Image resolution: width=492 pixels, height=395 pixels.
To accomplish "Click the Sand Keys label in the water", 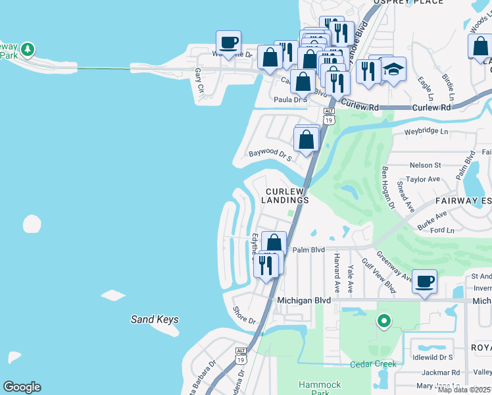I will pos(155,320).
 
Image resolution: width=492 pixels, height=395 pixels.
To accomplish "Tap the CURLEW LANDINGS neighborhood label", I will pos(287,196).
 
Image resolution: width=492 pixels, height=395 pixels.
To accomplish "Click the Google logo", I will pos(22,387).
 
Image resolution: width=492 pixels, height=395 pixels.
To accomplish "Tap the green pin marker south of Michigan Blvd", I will pos(383,321).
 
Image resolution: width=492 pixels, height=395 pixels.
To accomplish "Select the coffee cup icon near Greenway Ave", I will pos(424,282).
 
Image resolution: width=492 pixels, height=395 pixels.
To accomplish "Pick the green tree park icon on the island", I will pos(27,49).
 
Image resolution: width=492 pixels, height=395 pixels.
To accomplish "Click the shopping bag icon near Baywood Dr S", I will pos(306,140).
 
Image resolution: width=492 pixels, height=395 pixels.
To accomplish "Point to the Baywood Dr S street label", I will pos(270,155).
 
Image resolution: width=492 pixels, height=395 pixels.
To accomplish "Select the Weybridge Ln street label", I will pos(426,132).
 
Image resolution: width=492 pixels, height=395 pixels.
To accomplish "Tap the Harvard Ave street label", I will pos(336,273).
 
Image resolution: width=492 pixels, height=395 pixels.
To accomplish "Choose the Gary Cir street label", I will pos(200,80).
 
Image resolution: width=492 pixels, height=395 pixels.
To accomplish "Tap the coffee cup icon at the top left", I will pos(229,43).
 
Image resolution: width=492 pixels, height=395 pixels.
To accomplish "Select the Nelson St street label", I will pos(425,165).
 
